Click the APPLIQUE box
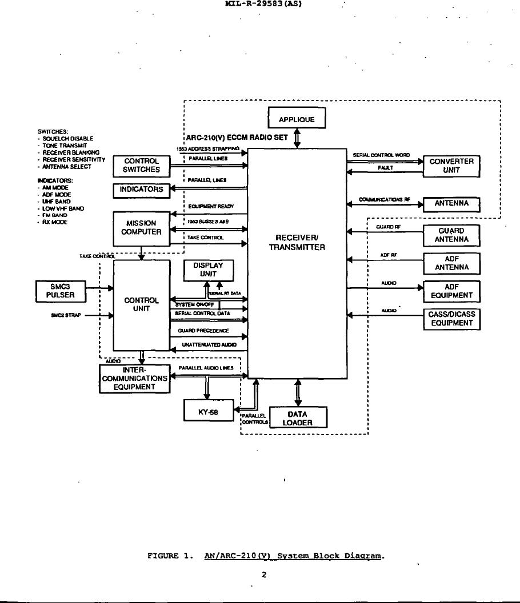coord(297,119)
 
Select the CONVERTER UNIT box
coord(451,166)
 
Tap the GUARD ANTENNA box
coord(451,235)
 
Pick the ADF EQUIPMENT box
coord(451,291)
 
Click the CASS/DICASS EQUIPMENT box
coord(451,319)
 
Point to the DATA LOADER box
coord(298,418)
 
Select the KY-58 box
coord(209,410)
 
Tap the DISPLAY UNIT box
coord(208,270)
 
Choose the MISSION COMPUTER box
coord(141,228)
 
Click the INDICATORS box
coord(141,190)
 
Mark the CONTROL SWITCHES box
coord(141,166)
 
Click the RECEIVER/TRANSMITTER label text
coord(297,243)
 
